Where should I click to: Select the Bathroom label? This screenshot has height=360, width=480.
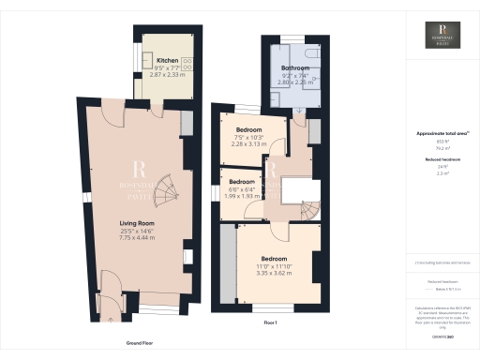pos(296,69)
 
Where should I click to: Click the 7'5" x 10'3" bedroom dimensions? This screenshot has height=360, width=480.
pos(249,137)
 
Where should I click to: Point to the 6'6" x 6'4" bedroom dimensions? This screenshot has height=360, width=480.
pos(243,187)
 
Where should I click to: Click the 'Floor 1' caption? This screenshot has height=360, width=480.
pos(271,322)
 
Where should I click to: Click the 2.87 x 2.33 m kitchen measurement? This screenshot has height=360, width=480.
pos(169,75)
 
